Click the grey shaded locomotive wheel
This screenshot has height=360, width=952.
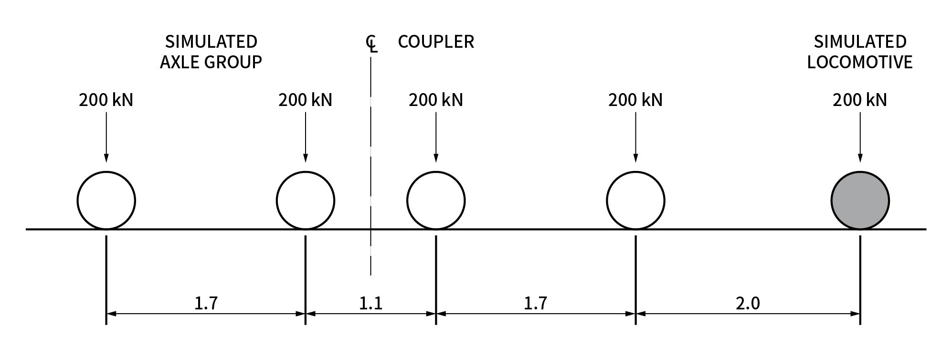pyautogui.click(x=860, y=201)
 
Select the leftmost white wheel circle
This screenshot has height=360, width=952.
pyautogui.click(x=106, y=201)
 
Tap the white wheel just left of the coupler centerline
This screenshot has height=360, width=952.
pyautogui.click(x=306, y=201)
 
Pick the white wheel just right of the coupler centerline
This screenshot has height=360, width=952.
pyautogui.click(x=435, y=201)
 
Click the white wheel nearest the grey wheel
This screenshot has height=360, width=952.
pyautogui.click(x=635, y=201)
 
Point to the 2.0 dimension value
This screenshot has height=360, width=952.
pyautogui.click(x=748, y=303)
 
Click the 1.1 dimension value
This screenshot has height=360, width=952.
pyautogui.click(x=370, y=303)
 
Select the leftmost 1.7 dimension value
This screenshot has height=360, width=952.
pyautogui.click(x=206, y=303)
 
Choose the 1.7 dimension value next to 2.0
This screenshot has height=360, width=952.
pyautogui.click(x=535, y=303)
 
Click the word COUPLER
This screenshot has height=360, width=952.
pyautogui.click(x=436, y=42)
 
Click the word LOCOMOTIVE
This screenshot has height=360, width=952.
pyautogui.click(x=860, y=62)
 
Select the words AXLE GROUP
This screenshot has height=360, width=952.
pyautogui.click(x=211, y=62)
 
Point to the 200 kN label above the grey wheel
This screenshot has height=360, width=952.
pyautogui.click(x=860, y=100)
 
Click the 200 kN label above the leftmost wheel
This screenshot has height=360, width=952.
pyautogui.click(x=106, y=100)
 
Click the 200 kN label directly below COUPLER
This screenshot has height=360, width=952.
pyautogui.click(x=436, y=100)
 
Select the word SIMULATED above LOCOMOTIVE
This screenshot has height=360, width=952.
pyautogui.click(x=860, y=42)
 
